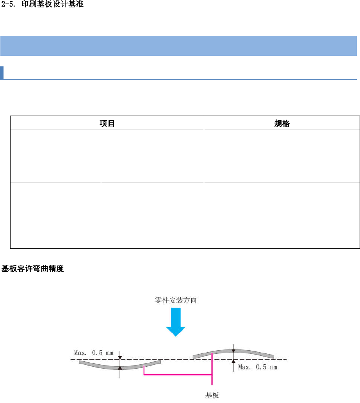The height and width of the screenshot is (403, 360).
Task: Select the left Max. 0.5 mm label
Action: point(93,353)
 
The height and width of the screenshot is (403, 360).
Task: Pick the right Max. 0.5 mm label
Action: point(258,367)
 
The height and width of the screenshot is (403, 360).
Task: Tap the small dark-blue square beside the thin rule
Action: point(2,72)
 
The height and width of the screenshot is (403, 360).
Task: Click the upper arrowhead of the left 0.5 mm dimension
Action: point(120,357)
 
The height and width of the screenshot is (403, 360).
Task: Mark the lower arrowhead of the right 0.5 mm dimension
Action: point(233,362)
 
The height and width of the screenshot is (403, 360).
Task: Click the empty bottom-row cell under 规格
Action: point(282,241)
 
